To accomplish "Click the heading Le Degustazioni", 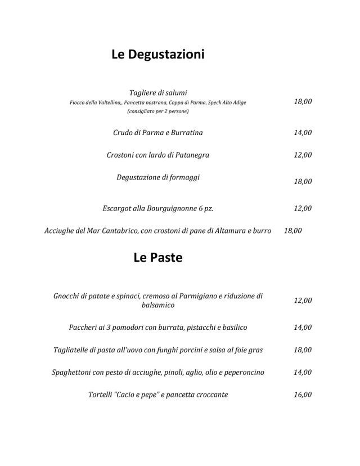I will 157,55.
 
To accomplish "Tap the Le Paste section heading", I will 157,258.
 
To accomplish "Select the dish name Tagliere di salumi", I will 158,92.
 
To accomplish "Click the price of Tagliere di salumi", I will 303,102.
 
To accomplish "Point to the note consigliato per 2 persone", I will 158,111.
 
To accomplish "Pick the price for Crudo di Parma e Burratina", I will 303,133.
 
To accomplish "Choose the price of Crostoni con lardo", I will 303,155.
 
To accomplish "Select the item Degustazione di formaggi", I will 158,177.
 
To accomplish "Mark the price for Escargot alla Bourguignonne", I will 303,208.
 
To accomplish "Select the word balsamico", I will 158,306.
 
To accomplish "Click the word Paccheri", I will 86,327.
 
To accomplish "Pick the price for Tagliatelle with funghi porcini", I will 303,349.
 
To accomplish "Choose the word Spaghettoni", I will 74,372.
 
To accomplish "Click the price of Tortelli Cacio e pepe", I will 303,395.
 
